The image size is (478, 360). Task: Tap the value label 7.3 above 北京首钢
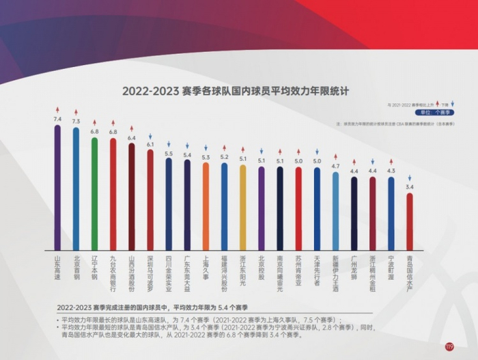click(x=76, y=121)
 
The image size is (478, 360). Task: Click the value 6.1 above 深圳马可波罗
click(x=150, y=144)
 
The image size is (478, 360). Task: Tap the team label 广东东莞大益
click(x=187, y=271)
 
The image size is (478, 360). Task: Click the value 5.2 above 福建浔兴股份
click(x=224, y=157)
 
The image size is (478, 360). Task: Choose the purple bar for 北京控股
click(x=262, y=208)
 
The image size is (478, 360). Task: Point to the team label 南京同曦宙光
click(x=280, y=273)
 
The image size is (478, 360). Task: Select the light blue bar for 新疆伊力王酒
click(x=335, y=211)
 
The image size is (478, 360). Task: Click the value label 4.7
click(x=335, y=166)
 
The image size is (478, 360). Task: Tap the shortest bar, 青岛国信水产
click(x=409, y=222)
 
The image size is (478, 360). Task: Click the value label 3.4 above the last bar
click(x=409, y=186)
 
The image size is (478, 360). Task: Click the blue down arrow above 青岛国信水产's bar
click(x=409, y=178)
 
